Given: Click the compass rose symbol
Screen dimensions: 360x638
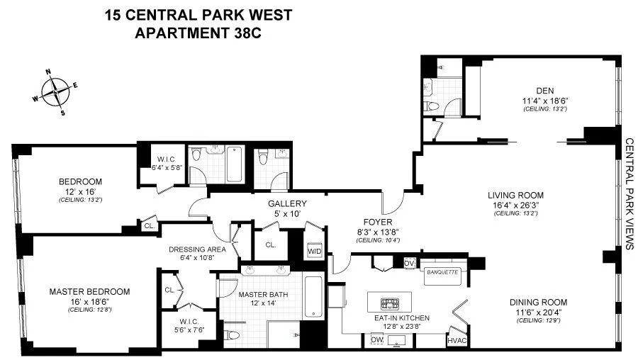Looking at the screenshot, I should (55, 91).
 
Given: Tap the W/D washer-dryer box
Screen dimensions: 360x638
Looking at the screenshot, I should (314, 251).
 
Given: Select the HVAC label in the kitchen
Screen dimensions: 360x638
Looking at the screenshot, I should (456, 341).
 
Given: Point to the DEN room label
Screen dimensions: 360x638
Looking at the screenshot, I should (544, 90).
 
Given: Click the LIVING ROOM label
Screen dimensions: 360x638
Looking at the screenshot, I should (515, 195).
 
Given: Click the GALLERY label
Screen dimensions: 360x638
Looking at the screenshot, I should (282, 204).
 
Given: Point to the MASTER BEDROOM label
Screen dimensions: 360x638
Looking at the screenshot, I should (89, 291).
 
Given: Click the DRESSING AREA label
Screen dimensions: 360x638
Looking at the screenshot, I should (197, 249).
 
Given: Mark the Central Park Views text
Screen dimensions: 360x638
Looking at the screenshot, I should (627, 193).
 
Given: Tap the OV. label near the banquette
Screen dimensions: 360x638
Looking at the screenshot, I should (409, 263).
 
